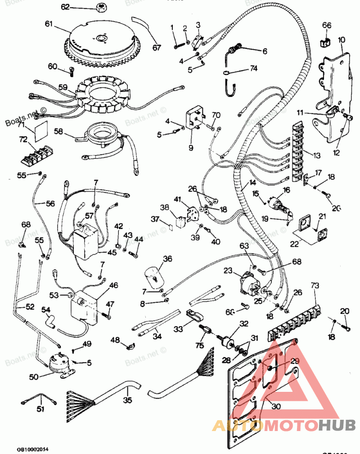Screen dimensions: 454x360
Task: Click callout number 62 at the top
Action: click(65, 7)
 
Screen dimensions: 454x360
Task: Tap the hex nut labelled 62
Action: click(101, 7)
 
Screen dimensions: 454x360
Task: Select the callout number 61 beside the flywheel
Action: click(49, 23)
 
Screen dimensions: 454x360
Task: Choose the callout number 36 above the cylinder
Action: click(167, 259)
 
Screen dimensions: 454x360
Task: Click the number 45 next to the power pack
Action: click(112, 252)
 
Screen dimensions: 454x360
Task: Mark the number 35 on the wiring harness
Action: click(128, 399)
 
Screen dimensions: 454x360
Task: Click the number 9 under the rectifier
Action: click(190, 147)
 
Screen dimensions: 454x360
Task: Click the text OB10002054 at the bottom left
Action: click(32, 449)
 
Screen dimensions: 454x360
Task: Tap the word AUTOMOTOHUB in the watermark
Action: click(283, 425)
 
